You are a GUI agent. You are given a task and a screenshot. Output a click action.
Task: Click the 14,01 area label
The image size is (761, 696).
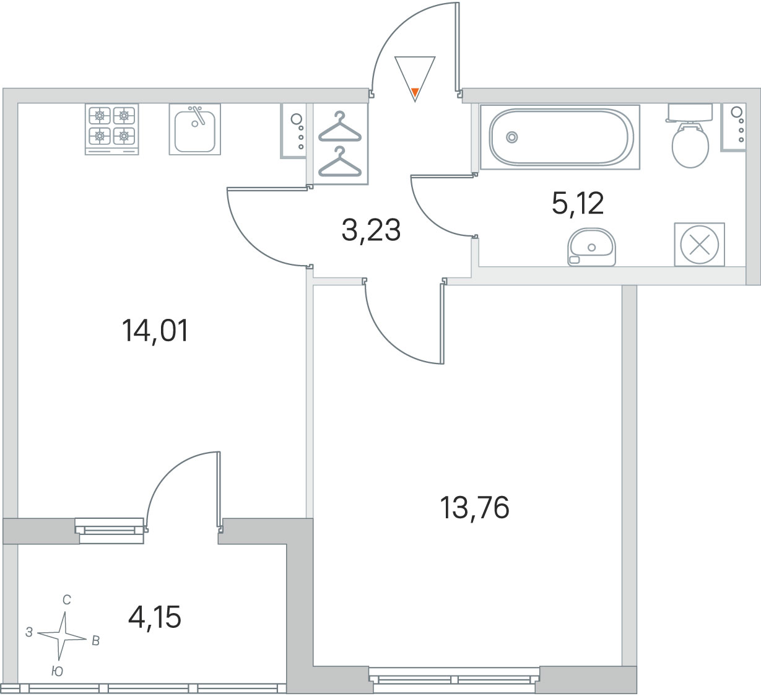pyautogui.click(x=155, y=331)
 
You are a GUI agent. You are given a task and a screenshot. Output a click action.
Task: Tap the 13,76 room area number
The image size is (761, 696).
pyautogui.click(x=474, y=508)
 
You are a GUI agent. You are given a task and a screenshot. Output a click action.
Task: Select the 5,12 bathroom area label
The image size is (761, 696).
pyautogui.click(x=577, y=203)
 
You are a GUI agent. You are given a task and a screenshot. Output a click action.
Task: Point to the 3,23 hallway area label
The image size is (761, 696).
pyautogui.click(x=371, y=230)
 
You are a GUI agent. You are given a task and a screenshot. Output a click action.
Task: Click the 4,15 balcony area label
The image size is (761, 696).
pyautogui.click(x=155, y=617)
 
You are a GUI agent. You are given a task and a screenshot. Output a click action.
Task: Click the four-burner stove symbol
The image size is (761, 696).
pyautogui.click(x=112, y=129)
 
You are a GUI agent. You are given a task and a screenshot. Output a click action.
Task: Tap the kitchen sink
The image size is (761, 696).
pyautogui.click(x=194, y=129)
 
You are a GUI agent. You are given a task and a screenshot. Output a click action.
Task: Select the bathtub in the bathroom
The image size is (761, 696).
pyautogui.click(x=560, y=137)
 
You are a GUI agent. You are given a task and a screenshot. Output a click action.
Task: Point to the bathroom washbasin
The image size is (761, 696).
pyautogui.click(x=591, y=247)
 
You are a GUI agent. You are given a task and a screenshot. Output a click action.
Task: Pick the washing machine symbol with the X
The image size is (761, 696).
pyautogui.click(x=700, y=245)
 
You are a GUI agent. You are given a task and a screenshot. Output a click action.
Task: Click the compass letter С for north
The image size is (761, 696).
pyautogui.click(x=67, y=600)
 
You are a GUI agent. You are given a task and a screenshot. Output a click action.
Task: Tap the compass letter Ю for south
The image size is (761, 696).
pyautogui.click(x=57, y=672)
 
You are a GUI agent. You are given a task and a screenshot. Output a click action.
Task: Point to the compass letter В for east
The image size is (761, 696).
pyautogui.click(x=96, y=641)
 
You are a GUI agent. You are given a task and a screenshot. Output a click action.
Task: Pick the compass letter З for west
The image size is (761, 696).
pyautogui.click(x=29, y=632)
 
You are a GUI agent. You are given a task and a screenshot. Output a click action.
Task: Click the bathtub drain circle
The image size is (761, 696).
pyautogui.click(x=512, y=137)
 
